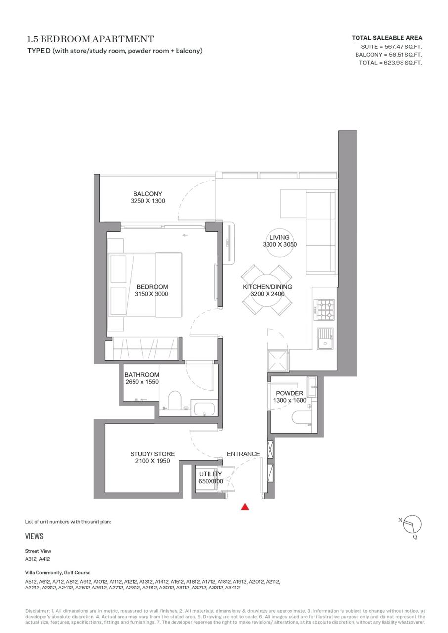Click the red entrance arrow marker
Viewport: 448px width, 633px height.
[x=245, y=507]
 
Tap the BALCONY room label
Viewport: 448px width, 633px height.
[x=148, y=194]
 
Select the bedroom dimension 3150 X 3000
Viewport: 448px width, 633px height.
[x=151, y=294]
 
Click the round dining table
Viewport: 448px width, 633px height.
[x=267, y=290]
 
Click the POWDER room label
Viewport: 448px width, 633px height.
[x=290, y=393]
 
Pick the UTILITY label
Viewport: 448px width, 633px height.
[x=211, y=474]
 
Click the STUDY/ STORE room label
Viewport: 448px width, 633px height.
[x=152, y=454]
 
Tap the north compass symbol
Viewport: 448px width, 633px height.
[x=412, y=525]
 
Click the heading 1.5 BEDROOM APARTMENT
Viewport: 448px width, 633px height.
[x=90, y=39]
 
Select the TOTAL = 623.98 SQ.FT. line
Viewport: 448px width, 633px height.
[x=391, y=63]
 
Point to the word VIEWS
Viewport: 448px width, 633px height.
[x=34, y=536]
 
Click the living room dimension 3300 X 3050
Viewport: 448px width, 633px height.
[x=280, y=245]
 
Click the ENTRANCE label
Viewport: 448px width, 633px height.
[x=243, y=454]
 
